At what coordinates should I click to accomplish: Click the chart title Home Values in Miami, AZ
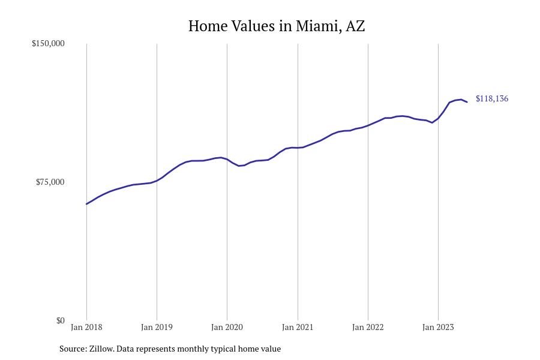click(x=276, y=26)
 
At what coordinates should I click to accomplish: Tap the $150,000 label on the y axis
click(x=48, y=44)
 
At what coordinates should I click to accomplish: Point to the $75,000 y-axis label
click(x=50, y=182)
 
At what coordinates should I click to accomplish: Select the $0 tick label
click(x=60, y=321)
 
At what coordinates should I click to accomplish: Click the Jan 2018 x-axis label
click(x=86, y=328)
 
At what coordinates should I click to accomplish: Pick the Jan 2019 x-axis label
click(x=157, y=328)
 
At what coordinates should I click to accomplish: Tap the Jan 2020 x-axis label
click(x=227, y=328)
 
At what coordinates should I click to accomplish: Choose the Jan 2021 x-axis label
click(x=298, y=328)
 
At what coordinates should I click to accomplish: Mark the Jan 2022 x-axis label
click(x=368, y=328)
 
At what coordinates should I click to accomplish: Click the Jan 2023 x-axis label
click(x=438, y=328)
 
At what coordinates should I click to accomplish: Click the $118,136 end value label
click(x=491, y=99)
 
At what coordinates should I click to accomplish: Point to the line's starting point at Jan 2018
click(x=86, y=204)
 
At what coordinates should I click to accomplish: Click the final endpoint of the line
click(x=467, y=102)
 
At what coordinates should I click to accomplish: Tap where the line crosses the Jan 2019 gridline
click(x=157, y=180)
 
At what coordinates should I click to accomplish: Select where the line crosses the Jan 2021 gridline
click(x=298, y=148)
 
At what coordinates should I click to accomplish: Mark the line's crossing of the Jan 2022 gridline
click(x=368, y=125)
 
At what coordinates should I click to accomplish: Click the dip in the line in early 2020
click(x=239, y=166)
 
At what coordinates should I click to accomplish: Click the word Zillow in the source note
click(x=101, y=349)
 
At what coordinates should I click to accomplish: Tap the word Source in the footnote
click(x=72, y=349)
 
